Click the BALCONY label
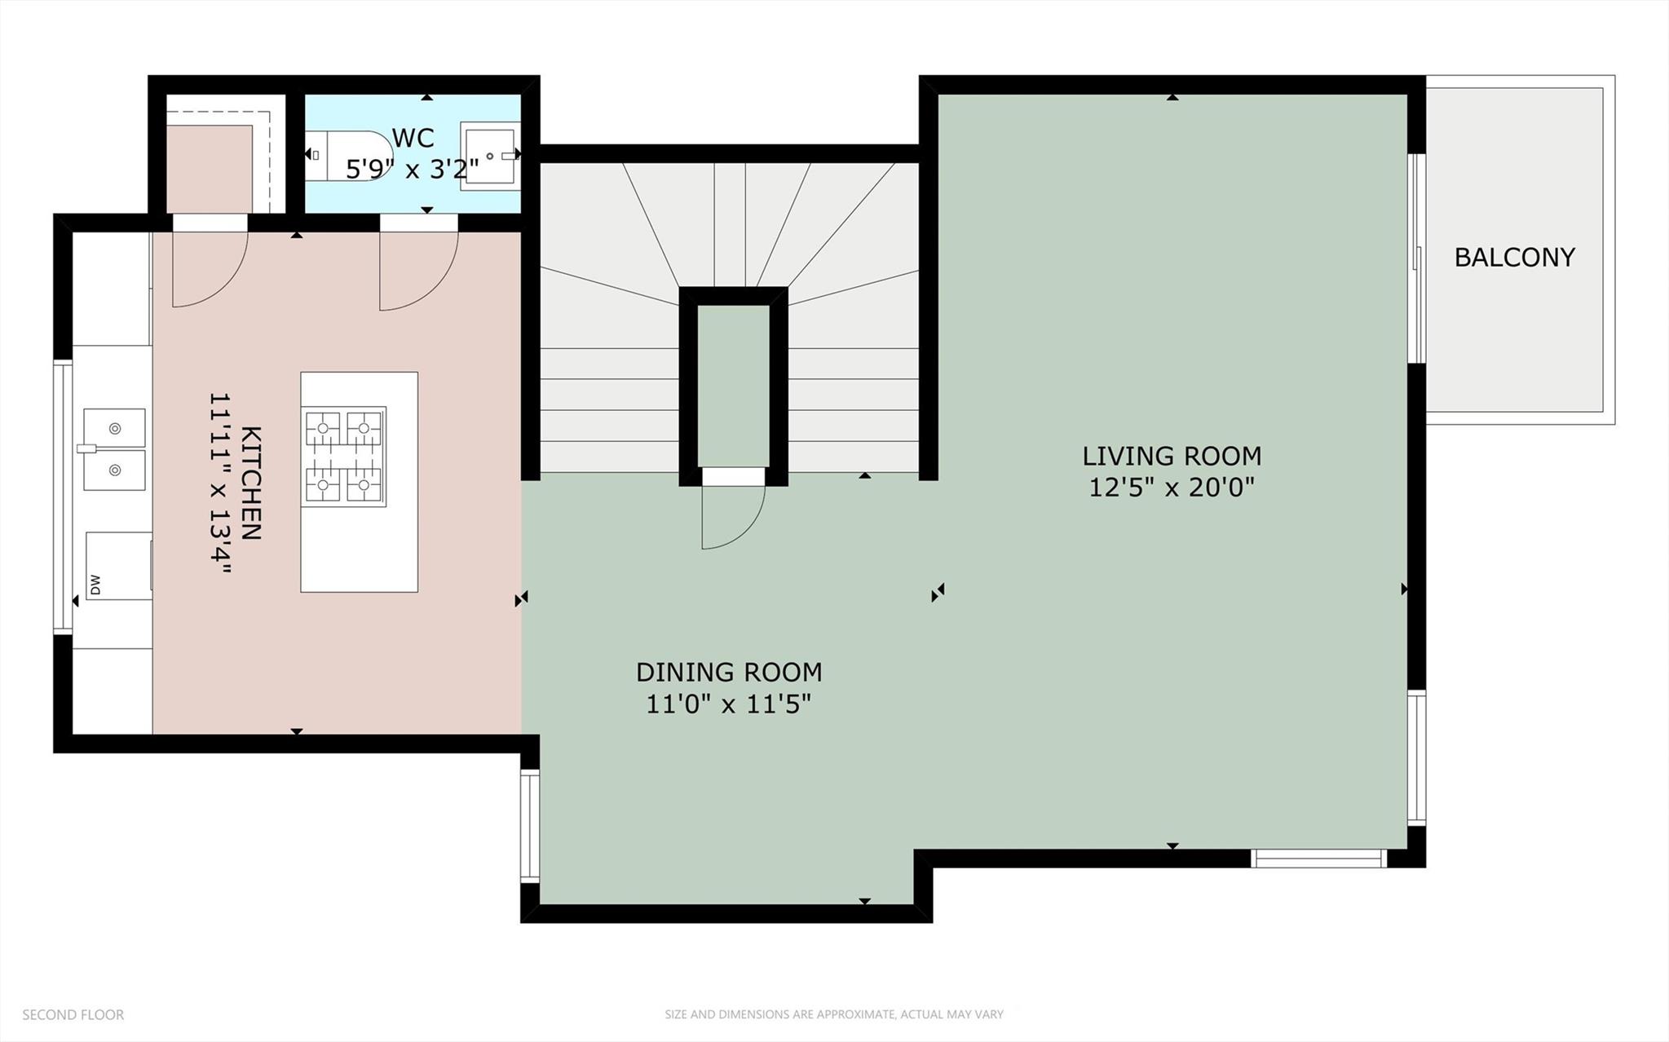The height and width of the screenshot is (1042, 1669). click(x=1514, y=258)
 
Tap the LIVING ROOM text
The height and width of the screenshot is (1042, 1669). click(x=1172, y=456)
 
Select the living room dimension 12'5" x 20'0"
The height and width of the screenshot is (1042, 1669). click(x=1172, y=488)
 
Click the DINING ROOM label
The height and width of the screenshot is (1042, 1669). click(x=729, y=673)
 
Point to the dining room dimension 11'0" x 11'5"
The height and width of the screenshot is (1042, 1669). click(x=729, y=704)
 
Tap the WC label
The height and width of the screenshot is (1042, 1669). click(x=413, y=138)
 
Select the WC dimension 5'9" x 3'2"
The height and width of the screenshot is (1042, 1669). click(x=412, y=170)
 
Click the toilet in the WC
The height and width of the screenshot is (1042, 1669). click(x=349, y=155)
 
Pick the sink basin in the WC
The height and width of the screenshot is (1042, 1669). click(x=490, y=156)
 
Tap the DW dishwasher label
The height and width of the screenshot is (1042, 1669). click(x=95, y=585)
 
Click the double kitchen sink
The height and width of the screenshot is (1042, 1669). click(x=114, y=449)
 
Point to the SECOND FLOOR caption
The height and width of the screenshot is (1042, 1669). click(x=73, y=1015)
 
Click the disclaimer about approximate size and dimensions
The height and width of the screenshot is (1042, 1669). click(x=833, y=1015)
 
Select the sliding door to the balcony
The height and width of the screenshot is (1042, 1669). click(x=1419, y=258)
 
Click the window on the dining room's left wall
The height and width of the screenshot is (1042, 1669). click(x=530, y=827)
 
